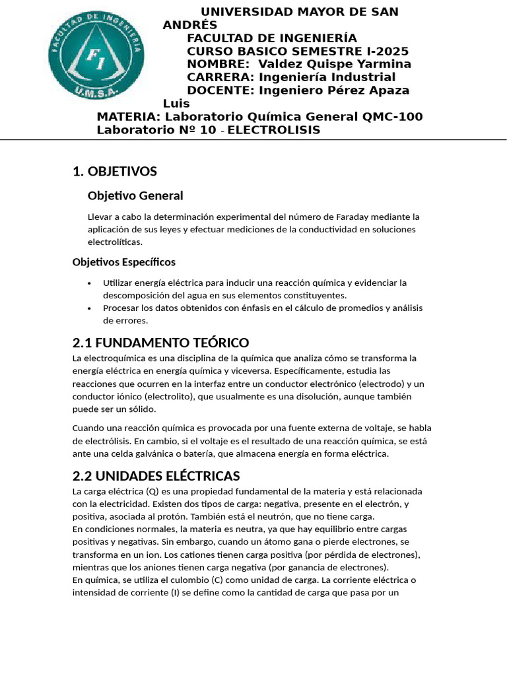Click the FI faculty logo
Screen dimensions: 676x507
[x=96, y=54]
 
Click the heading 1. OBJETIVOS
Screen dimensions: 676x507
[x=115, y=172]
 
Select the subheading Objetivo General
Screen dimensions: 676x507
[x=135, y=195]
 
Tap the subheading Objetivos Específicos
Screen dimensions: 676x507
[x=123, y=262]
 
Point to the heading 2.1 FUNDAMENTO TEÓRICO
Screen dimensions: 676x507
[x=160, y=343]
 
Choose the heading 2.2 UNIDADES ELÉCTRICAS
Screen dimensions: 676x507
[x=156, y=476]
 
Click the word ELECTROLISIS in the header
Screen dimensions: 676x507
[x=274, y=130]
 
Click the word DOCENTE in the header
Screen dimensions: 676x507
[x=220, y=90]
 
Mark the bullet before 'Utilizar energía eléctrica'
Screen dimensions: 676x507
[x=90, y=283]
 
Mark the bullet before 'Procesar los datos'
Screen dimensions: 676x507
[x=90, y=308]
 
